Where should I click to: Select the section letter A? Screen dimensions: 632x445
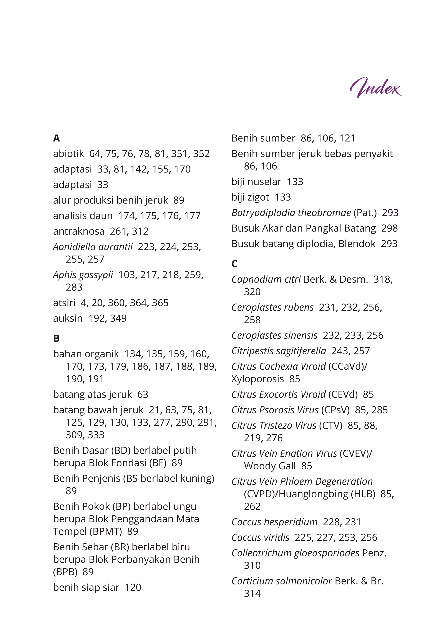56,138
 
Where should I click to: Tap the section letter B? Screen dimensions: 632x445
56,338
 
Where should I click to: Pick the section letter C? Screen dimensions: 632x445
234,264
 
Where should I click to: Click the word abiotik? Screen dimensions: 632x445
68,154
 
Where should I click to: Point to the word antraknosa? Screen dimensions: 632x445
79,231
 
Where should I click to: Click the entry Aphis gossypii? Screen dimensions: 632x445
83,275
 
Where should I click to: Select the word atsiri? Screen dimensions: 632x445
64,303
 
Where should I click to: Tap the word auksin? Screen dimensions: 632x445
68,318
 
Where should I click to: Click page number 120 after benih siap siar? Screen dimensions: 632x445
133,587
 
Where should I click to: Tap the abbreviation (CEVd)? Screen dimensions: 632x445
343,395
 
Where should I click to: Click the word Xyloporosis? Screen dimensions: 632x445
257,379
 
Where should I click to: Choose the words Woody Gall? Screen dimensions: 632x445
270,466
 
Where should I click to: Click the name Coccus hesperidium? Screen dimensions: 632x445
274,522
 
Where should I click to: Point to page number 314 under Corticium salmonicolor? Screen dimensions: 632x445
252,594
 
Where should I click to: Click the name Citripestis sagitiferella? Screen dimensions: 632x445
279,351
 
